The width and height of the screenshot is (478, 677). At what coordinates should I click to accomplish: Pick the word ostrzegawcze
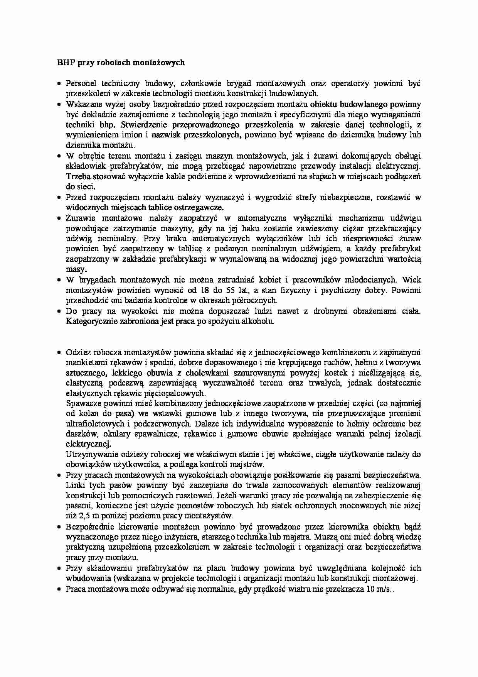point(199,207)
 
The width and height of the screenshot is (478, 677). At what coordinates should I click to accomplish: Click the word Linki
point(75,485)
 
